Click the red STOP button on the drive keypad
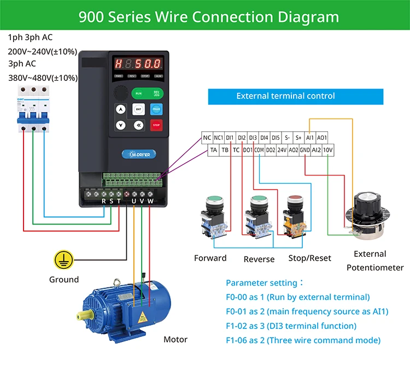tap(156, 125)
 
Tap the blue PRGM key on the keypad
tap(156, 109)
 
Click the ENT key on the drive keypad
tap(138, 109)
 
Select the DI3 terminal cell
tap(253, 138)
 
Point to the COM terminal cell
tap(259, 149)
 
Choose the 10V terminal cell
tap(327, 149)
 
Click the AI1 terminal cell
tap(310, 138)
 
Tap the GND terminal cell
tap(304, 149)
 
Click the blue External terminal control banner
tap(285, 96)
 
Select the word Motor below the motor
tap(175, 339)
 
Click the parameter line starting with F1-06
tap(303, 340)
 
